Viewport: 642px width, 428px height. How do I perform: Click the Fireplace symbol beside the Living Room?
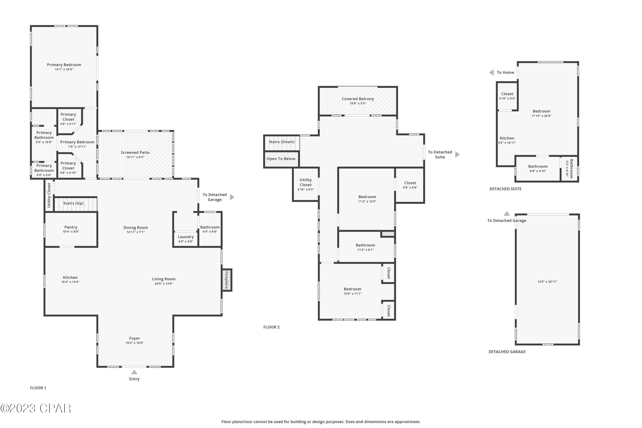click(227, 280)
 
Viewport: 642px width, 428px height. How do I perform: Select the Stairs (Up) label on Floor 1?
click(73, 203)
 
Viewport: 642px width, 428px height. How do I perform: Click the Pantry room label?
click(71, 227)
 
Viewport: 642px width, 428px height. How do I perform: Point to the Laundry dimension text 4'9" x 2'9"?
click(186, 241)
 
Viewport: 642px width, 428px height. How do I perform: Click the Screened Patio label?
click(135, 153)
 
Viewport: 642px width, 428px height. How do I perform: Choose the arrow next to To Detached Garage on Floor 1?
click(232, 197)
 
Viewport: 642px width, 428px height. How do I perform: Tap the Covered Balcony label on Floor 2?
click(358, 99)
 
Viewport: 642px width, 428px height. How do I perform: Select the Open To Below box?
click(281, 159)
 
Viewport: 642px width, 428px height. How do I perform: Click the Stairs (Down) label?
click(281, 142)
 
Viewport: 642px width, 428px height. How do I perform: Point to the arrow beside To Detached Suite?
click(458, 155)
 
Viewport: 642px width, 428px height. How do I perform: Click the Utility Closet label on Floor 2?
click(305, 182)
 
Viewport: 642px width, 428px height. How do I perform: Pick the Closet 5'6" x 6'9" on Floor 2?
click(410, 185)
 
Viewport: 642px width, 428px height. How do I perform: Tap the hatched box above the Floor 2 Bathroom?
click(388, 234)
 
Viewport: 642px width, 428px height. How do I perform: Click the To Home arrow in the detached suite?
click(492, 73)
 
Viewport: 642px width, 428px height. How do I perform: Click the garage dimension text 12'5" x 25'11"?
click(547, 282)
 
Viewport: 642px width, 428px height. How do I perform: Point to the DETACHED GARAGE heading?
click(507, 352)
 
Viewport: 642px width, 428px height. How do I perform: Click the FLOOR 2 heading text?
click(271, 327)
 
